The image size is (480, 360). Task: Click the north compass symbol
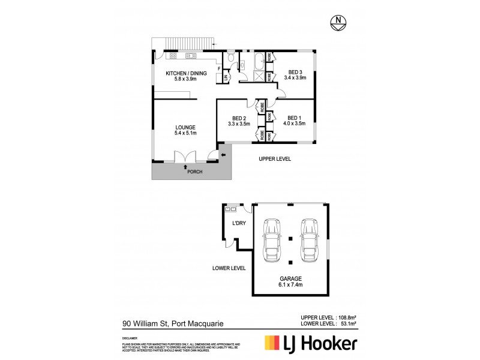[x=340, y=23]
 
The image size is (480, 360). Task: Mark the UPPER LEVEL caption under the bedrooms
[x=275, y=160]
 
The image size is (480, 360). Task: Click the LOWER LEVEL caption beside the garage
[x=228, y=268]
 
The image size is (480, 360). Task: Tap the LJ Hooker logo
[x=311, y=343]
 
